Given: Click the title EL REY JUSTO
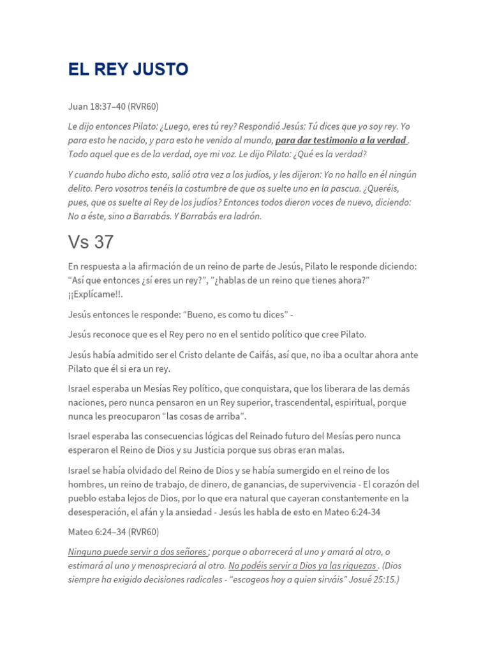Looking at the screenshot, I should click(128, 70).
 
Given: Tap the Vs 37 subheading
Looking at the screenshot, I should click(91, 243).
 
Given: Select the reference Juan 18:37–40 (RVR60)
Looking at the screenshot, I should click(113, 106).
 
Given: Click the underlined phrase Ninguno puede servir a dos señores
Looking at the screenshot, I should click(137, 551).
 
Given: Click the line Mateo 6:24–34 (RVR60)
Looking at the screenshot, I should click(113, 531).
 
